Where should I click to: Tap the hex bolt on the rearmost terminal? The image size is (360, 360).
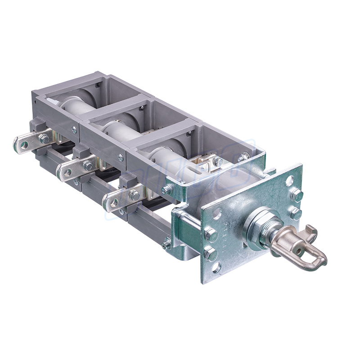tap(44, 138)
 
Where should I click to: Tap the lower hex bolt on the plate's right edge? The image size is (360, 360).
tap(296, 213)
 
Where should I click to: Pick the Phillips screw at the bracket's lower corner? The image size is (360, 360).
tap(167, 243)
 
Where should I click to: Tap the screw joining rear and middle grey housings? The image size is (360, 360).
tap(74, 130)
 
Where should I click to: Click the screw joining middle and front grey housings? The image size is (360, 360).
tap(120, 157)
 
